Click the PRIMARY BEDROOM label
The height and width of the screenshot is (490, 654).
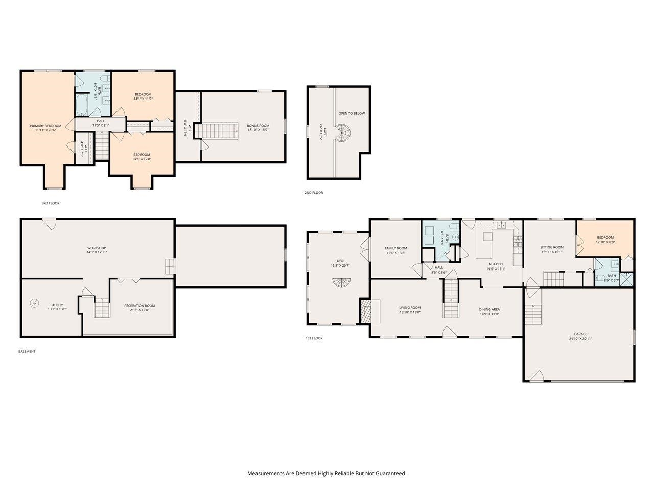click(x=45, y=126)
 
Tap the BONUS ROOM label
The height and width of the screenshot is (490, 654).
click(x=258, y=126)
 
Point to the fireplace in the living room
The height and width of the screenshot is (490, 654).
click(x=366, y=311)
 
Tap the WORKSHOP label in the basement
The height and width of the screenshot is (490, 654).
click(x=97, y=248)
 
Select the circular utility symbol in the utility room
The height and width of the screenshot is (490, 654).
click(x=34, y=303)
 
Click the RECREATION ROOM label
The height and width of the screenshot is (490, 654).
click(x=139, y=306)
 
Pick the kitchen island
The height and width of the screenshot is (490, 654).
click(x=494, y=244)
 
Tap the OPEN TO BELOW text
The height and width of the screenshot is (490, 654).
click(x=352, y=113)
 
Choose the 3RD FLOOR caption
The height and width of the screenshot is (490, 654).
click(x=51, y=203)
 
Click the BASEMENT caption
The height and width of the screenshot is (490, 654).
click(x=27, y=351)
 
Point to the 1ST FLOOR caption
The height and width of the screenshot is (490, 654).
click(x=314, y=338)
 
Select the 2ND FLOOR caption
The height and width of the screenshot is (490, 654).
click(x=314, y=193)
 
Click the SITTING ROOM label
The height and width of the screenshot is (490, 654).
click(x=552, y=247)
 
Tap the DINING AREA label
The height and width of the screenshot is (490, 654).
click(x=489, y=309)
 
